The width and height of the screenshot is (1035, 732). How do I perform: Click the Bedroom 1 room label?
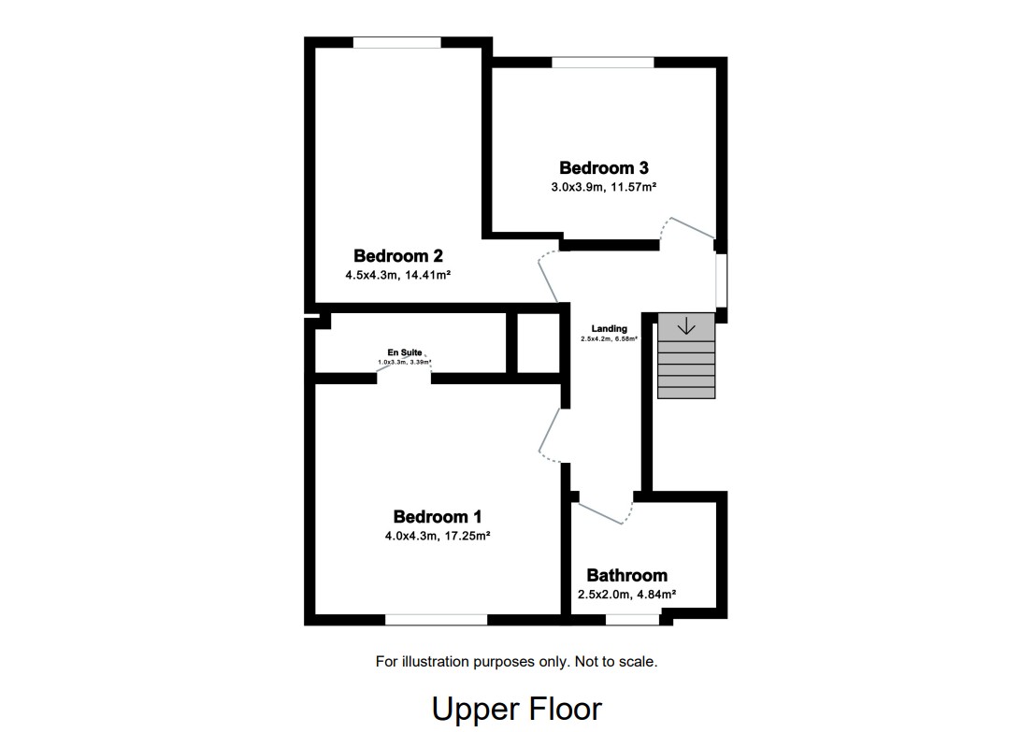click(438, 517)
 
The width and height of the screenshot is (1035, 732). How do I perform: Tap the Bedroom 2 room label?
click(397, 256)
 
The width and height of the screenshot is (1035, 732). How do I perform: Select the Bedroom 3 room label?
click(603, 168)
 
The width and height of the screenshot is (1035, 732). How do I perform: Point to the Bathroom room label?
click(626, 576)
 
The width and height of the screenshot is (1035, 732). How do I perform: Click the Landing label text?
click(609, 329)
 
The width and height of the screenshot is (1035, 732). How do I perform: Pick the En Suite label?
click(405, 352)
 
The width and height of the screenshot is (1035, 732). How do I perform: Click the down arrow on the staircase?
click(686, 326)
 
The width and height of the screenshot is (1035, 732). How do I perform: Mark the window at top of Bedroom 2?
click(396, 42)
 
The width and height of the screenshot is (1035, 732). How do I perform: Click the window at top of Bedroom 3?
click(602, 63)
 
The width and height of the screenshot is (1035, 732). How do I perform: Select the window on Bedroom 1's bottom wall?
click(436, 619)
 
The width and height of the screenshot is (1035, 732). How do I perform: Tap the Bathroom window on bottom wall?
click(633, 619)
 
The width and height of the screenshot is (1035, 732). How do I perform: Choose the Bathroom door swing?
click(606, 511)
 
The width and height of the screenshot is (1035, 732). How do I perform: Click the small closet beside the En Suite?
click(539, 343)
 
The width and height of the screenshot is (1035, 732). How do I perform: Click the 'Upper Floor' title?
click(516, 709)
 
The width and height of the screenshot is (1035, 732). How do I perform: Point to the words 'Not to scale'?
click(614, 662)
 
